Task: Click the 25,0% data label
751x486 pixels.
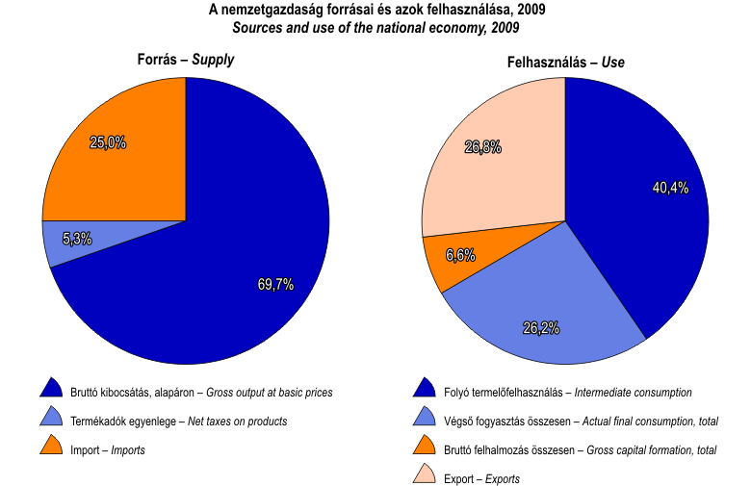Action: [x=108, y=142]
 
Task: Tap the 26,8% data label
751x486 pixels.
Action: [x=482, y=147]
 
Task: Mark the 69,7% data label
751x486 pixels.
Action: [x=275, y=284]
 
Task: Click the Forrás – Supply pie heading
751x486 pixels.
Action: [x=185, y=60]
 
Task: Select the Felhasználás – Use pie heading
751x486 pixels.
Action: [x=565, y=63]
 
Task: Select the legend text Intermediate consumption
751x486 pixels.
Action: [x=632, y=393]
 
